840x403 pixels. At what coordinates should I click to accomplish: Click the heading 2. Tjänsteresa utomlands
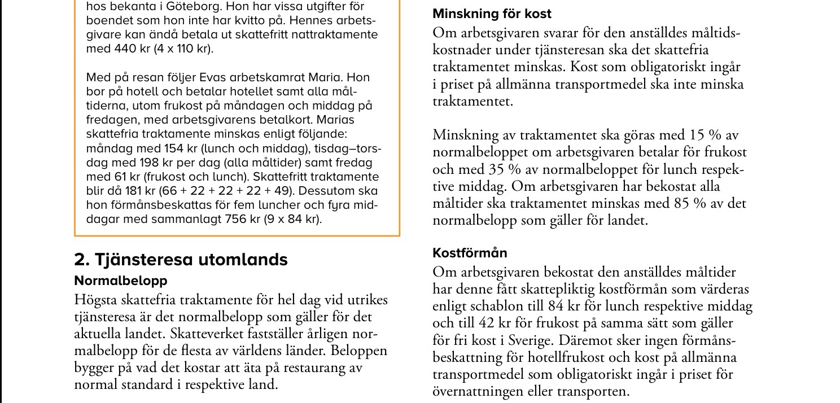pyautogui.click(x=181, y=260)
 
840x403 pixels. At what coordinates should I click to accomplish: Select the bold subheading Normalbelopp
pyautogui.click(x=121, y=281)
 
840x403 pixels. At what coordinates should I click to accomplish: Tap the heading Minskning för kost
pyautogui.click(x=492, y=14)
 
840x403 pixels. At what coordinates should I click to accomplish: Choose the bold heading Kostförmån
pyautogui.click(x=470, y=252)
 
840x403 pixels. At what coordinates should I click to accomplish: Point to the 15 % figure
pyautogui.click(x=699, y=135)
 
